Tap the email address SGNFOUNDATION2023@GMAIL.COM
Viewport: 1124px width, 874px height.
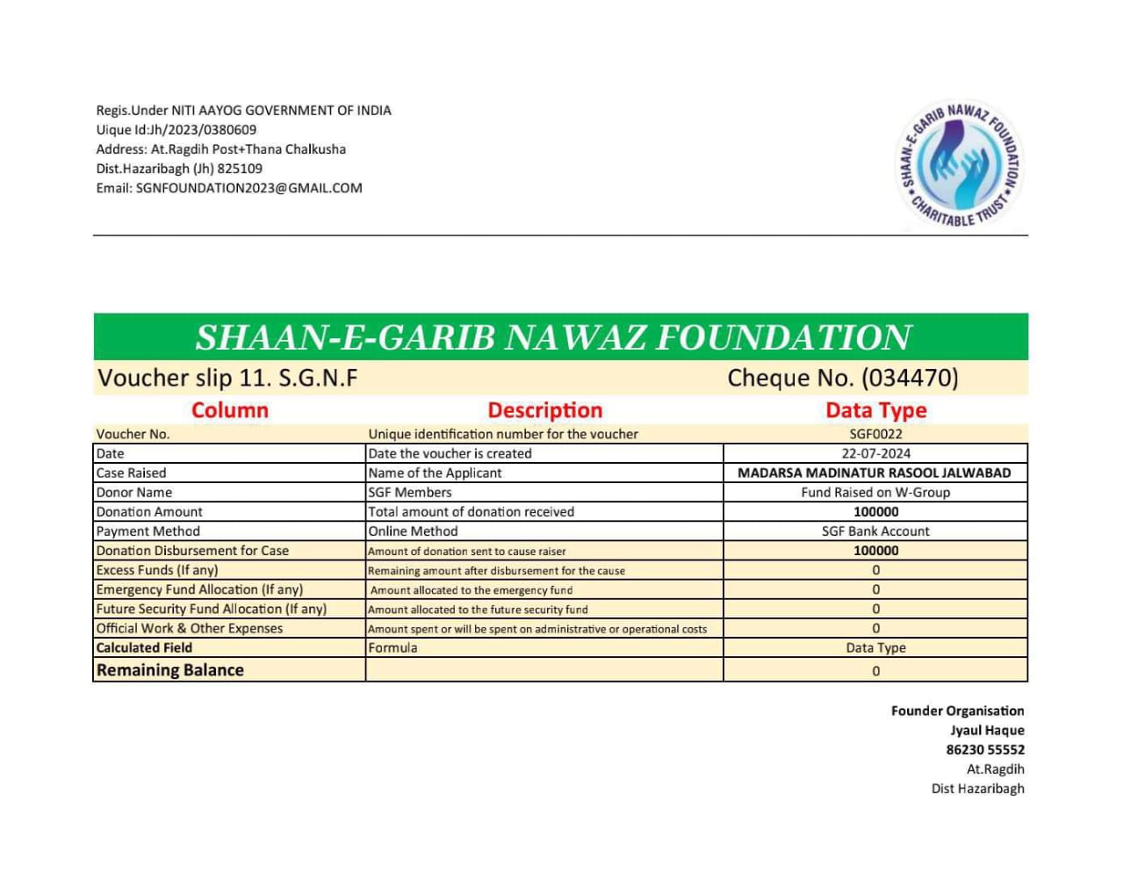tap(249, 188)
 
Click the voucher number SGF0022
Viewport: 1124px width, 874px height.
tap(875, 434)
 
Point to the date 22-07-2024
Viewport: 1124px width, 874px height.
tap(875, 453)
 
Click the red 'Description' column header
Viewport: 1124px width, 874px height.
tap(544, 410)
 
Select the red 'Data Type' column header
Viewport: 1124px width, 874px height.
tap(875, 410)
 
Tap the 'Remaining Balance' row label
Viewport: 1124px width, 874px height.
tap(170, 670)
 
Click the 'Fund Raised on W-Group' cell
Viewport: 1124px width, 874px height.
tap(875, 492)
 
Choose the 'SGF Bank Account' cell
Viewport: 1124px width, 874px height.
tap(875, 531)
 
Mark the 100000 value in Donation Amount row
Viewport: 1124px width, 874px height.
tap(875, 512)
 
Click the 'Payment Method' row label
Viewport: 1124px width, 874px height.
tap(148, 531)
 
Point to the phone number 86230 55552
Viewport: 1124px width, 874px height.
tap(984, 749)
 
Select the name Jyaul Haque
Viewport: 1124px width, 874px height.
tap(987, 730)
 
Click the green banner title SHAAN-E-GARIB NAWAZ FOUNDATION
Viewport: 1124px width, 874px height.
tap(553, 337)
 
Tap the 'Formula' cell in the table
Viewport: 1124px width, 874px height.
tap(393, 647)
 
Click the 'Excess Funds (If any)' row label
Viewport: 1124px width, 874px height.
tap(157, 570)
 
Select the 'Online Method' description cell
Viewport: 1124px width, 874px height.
tap(413, 531)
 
